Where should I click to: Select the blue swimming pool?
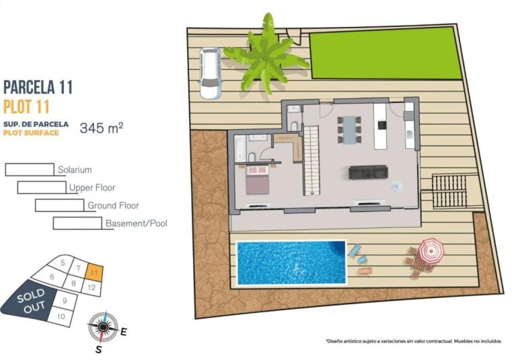291,262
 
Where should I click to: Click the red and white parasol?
431,251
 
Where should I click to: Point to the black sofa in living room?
367,172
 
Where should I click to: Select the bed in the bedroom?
256,182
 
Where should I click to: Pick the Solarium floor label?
74,170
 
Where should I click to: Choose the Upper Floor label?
91,188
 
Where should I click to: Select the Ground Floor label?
113,205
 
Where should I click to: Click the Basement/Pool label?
136,223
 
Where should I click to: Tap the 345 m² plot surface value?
101,128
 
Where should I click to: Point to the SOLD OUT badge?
31,301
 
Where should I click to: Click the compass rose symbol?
102,327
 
